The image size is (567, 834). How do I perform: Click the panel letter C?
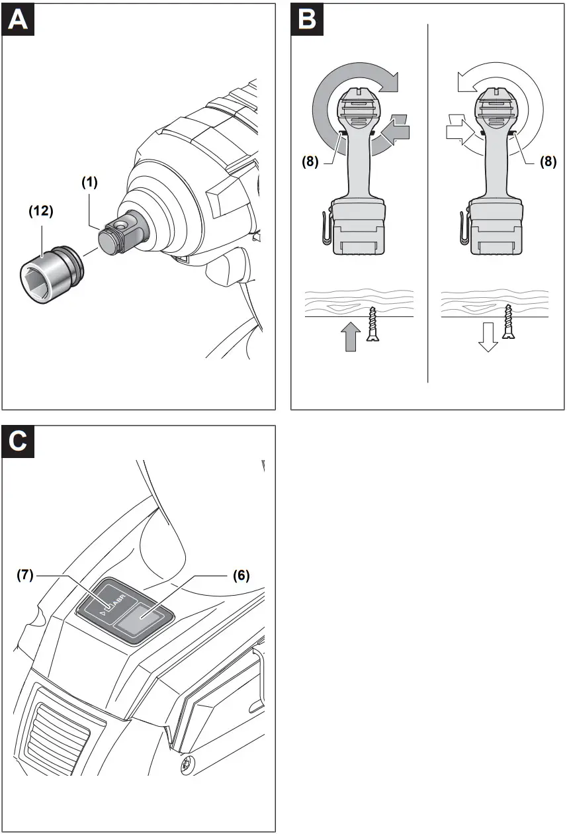tap(19, 442)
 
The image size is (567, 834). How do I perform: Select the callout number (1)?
tap(89, 183)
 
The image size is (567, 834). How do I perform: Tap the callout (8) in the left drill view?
tap(312, 160)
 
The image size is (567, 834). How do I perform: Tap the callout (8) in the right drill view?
tap(548, 160)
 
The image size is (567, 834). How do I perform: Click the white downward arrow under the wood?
tap(488, 338)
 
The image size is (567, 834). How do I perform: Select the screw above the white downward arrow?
tap(509, 322)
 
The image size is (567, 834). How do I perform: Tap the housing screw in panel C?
tap(188, 766)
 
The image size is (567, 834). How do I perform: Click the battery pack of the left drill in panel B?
tap(359, 228)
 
